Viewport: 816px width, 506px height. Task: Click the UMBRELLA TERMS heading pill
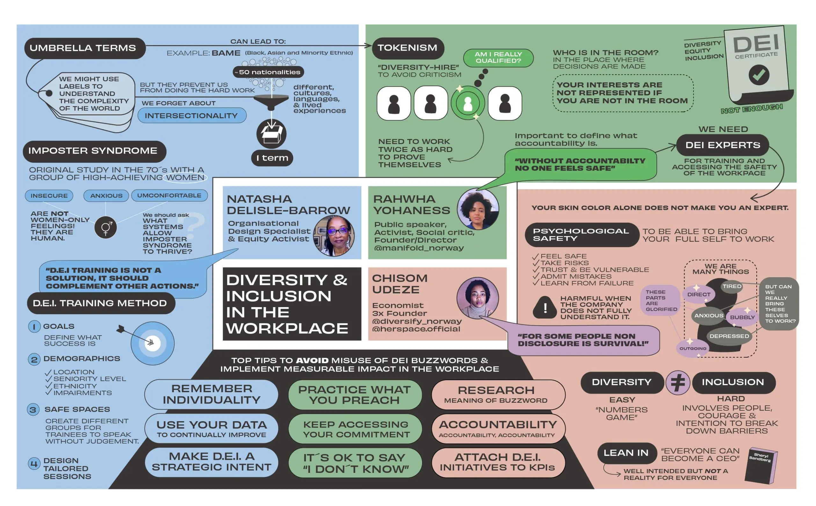[x=85, y=48]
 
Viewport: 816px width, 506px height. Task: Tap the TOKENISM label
[x=408, y=48]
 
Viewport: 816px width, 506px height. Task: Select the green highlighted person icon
[x=468, y=103]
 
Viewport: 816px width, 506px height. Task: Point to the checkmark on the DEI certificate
[x=758, y=75]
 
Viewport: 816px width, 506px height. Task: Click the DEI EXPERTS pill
[x=723, y=145]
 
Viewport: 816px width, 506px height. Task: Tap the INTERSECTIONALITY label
[x=192, y=115]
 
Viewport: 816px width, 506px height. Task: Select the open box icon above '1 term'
[x=272, y=134]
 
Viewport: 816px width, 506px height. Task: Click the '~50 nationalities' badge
[x=268, y=72]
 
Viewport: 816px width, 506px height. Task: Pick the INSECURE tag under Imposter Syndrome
[x=49, y=196]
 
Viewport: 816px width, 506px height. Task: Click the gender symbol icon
[x=106, y=228]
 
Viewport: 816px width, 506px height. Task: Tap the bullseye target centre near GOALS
[x=152, y=343]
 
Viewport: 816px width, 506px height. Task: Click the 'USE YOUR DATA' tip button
[x=211, y=429]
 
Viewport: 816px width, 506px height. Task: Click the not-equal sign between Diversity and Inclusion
[x=677, y=382]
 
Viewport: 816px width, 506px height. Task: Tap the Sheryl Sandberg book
[x=761, y=466]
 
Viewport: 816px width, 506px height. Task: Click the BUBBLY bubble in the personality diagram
[x=742, y=317]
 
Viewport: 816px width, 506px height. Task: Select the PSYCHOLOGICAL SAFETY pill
[x=582, y=235]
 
